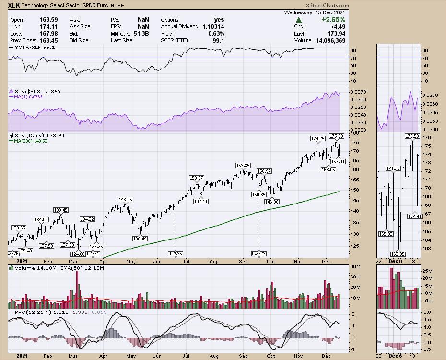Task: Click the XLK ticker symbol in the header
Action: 14,5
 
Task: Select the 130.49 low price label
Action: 140,239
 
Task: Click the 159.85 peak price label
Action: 244,166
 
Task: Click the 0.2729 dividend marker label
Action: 259,253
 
